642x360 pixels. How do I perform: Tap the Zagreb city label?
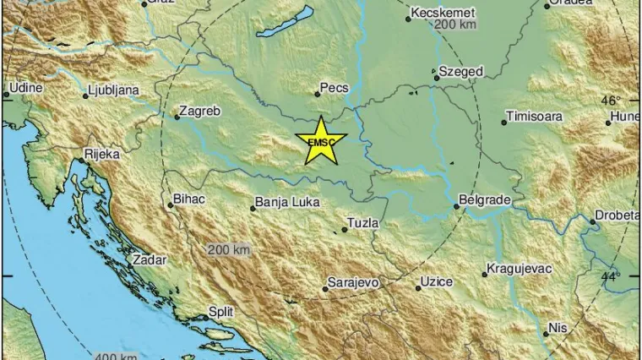[x=201, y=111]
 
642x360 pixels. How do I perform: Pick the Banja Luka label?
[x=285, y=202]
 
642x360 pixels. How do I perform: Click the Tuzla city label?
[x=362, y=223]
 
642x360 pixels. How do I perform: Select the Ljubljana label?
[x=117, y=90]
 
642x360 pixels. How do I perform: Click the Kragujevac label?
[x=519, y=269]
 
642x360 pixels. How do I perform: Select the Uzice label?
[x=438, y=281]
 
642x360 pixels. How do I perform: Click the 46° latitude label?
[x=610, y=101]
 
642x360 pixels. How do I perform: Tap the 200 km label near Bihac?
[x=229, y=250]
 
